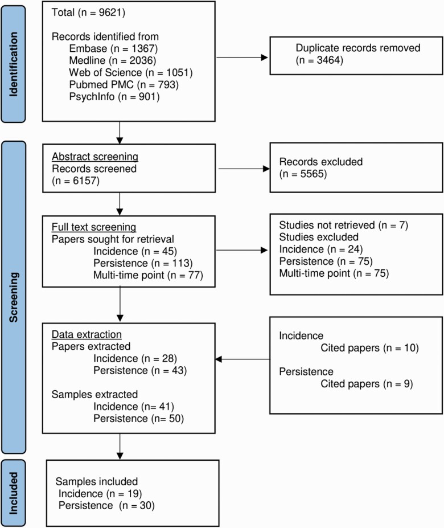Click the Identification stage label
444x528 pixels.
point(13,64)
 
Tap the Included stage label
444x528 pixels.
point(13,493)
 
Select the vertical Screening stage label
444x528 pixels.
point(13,297)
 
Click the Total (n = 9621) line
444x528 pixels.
point(88,13)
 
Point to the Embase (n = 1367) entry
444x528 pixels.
point(113,48)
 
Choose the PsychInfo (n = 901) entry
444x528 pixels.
point(114,97)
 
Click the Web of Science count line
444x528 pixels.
point(130,72)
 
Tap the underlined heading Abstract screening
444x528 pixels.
point(95,157)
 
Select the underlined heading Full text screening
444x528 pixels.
point(94,227)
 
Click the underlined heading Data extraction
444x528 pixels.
point(87,334)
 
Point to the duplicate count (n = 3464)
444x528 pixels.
point(319,60)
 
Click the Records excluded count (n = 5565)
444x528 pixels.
point(303,174)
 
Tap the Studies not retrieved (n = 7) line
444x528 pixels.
point(344,225)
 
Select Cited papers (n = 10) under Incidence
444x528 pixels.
point(369,348)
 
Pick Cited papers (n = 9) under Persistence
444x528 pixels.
point(367,384)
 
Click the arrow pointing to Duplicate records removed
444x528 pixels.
point(242,58)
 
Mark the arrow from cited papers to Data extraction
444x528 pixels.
point(242,359)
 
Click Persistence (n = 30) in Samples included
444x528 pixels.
point(106,505)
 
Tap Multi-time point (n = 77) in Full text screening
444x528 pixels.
point(148,275)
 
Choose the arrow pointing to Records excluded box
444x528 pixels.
point(244,169)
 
